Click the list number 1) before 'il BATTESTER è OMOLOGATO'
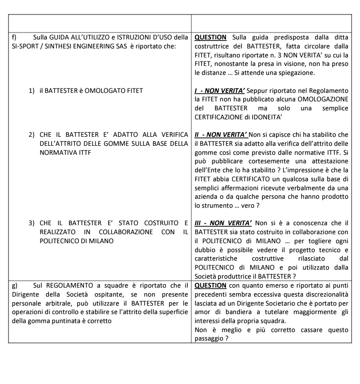(31, 90)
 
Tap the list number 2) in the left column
(31, 135)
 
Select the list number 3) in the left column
(31, 222)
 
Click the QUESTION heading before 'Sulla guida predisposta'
(210, 37)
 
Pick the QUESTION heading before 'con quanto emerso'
(210, 285)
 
